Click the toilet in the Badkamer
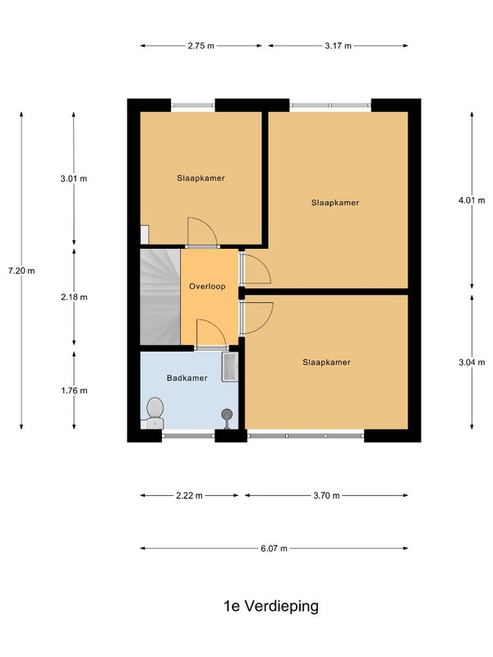154,412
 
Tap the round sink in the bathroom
227,416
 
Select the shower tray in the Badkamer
230,366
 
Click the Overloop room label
207,287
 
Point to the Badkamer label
187,378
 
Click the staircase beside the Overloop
160,297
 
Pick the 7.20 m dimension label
21,271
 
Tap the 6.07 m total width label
274,548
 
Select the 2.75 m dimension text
200,46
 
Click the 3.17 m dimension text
338,46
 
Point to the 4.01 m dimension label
472,200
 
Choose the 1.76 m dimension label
74,391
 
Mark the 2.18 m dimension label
74,297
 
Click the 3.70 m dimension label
326,496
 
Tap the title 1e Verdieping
271,606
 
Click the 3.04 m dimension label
472,362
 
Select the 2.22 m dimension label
189,496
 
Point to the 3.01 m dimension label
74,178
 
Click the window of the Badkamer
188,436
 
